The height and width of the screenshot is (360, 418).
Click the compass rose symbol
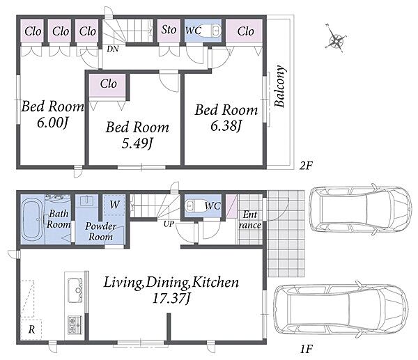click(x=336, y=40)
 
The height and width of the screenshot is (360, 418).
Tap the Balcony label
click(x=280, y=86)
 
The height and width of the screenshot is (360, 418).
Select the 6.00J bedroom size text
click(x=52, y=123)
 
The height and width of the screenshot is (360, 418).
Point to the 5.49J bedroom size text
click(x=137, y=143)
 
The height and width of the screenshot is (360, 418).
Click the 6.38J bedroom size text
click(x=226, y=126)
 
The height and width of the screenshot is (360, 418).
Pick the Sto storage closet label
click(x=169, y=29)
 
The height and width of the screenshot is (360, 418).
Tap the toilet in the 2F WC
click(x=211, y=31)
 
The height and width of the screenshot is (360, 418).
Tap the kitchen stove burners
click(x=75, y=325)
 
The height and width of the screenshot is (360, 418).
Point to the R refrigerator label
click(x=31, y=329)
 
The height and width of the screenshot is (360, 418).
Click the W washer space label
click(x=115, y=205)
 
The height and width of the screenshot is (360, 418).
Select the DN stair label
click(x=112, y=49)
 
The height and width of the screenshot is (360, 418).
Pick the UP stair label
click(x=169, y=224)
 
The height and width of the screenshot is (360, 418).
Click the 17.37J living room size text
click(x=171, y=298)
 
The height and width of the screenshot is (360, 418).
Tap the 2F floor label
click(x=306, y=166)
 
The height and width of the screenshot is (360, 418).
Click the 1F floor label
click(x=306, y=349)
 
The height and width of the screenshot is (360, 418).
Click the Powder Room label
click(x=100, y=231)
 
